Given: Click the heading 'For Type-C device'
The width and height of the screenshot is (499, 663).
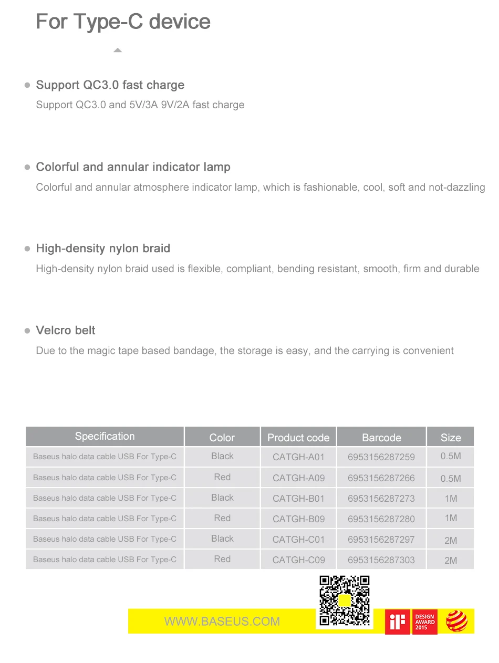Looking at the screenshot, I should pos(123,22).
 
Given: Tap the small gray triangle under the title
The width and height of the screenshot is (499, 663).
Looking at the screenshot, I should pos(118,50).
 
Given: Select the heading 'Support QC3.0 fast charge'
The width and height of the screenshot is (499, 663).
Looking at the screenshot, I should pos(110,85).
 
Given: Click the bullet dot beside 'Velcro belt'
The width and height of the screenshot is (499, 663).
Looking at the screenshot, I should pos(27,331).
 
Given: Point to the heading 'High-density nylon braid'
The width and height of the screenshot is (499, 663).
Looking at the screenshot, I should pos(103,248).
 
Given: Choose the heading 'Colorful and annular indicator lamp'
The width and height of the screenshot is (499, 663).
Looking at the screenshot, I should pos(133,167).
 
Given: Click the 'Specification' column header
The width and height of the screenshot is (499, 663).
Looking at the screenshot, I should pos(105,437).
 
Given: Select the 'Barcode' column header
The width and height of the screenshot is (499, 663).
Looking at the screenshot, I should pos(381,438).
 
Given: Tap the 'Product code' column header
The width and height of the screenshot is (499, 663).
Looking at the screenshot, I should pos(298,438).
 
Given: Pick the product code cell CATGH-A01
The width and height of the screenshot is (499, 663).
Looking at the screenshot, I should pos(298,457).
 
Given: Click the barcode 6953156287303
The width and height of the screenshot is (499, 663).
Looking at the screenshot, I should pos(381,560).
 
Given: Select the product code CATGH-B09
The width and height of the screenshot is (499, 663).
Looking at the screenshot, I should pos(298,519).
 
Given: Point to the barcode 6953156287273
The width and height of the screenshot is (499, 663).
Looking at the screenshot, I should pos(381,498).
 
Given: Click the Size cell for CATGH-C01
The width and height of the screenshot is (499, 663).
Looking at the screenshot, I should pos(450,540).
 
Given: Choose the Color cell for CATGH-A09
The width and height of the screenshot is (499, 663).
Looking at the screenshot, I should pos(222,477).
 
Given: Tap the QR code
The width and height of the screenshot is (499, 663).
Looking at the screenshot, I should pos(345,600).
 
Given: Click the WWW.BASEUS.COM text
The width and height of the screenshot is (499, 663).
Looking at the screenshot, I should pos(222,621).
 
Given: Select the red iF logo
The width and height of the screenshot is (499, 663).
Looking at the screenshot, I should pos(398,622).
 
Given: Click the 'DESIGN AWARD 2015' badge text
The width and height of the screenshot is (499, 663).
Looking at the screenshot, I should pos(424,622).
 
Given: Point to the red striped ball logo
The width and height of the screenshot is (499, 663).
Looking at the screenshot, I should pos(456,621).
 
